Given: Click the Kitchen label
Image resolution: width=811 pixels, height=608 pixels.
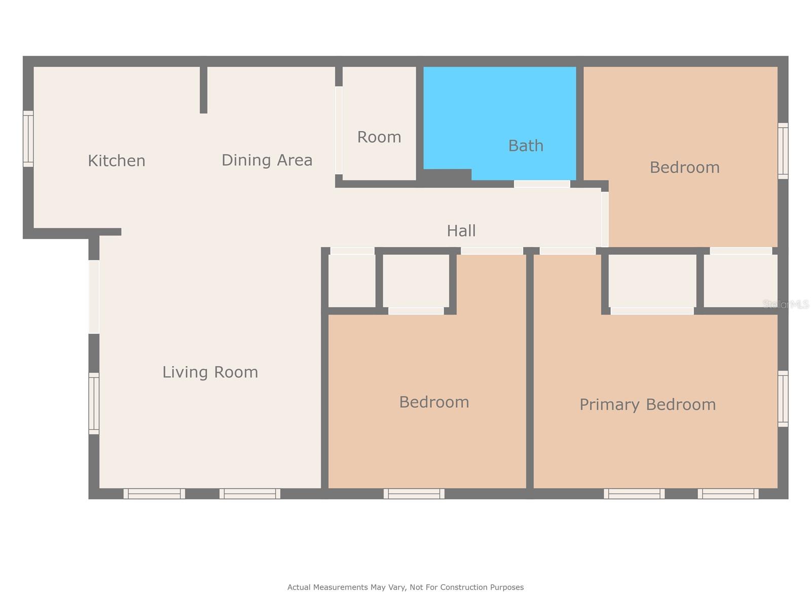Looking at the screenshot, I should coord(117,161).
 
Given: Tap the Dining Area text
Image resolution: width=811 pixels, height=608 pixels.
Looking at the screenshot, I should coord(267,160).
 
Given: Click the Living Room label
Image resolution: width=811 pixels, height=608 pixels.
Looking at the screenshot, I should coord(210,372).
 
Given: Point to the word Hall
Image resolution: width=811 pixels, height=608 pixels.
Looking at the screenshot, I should coord(461,231).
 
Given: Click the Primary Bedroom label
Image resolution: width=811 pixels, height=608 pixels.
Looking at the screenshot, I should coord(647,405).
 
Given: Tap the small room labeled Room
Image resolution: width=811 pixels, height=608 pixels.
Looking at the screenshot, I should coord(379,137).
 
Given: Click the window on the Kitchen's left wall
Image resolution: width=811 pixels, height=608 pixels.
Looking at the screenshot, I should coord(28,139).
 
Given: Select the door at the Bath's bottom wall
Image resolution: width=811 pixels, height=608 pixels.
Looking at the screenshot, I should coord(542,184).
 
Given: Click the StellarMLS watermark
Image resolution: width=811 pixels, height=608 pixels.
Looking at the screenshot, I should coord(785,304).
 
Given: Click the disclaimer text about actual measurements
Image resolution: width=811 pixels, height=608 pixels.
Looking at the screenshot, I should coord(405,587).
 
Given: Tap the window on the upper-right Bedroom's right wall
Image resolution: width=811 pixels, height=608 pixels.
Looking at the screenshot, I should coord(783,150).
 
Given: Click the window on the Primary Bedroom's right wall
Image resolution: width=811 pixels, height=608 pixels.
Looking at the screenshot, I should coord(783,399).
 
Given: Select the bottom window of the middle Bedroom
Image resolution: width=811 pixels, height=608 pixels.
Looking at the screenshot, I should coord(414,493).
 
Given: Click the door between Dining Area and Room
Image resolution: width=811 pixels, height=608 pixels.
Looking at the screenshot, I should coord(339,130).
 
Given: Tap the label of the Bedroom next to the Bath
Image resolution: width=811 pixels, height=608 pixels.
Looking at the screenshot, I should coord(684,168).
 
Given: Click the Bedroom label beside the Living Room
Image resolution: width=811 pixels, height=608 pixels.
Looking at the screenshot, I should coord(434,402).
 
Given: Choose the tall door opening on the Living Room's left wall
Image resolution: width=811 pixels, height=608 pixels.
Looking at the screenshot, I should coord(94,297).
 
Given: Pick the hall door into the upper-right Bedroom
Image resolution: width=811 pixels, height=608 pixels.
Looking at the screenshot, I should coord(605,219).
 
